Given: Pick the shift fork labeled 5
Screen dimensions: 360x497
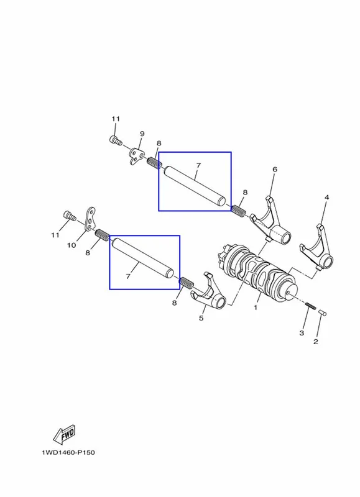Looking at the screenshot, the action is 208,293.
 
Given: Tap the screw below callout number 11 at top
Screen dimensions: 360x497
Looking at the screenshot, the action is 116,140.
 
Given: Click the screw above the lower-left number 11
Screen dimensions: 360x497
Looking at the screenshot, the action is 70,216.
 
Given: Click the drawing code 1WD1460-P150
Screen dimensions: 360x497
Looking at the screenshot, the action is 68,452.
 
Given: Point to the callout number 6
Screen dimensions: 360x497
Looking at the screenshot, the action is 275,169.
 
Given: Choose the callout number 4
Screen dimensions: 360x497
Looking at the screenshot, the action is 326,198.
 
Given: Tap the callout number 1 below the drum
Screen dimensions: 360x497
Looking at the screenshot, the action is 256,308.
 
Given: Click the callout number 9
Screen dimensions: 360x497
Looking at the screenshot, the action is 142,134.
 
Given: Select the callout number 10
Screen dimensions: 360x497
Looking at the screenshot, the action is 72,245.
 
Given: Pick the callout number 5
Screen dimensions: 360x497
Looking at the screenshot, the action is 201,318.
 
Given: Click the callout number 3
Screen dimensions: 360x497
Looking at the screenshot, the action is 302,333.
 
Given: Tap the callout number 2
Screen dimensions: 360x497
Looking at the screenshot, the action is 316,342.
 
